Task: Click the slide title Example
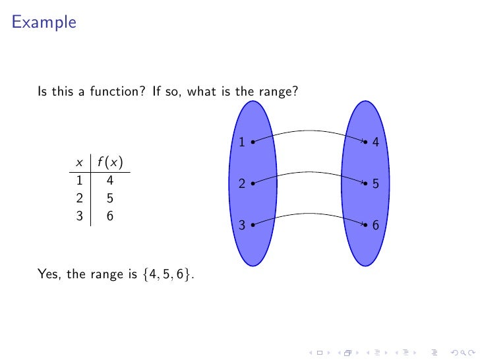click(x=44, y=23)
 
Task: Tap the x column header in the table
click(x=79, y=162)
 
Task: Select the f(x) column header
click(x=110, y=162)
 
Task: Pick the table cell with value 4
click(x=110, y=179)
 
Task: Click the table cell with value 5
click(x=110, y=196)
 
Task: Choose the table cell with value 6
click(x=110, y=215)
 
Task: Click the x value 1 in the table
click(x=79, y=179)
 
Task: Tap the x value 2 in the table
click(x=79, y=196)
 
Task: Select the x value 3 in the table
click(x=79, y=215)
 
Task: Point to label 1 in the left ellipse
click(x=241, y=142)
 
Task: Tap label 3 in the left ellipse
click(x=241, y=225)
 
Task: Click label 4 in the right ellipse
click(x=375, y=142)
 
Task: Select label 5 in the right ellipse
click(x=375, y=185)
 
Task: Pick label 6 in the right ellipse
click(x=375, y=225)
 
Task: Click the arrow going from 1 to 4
click(x=309, y=131)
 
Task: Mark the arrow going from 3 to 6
click(x=309, y=214)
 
